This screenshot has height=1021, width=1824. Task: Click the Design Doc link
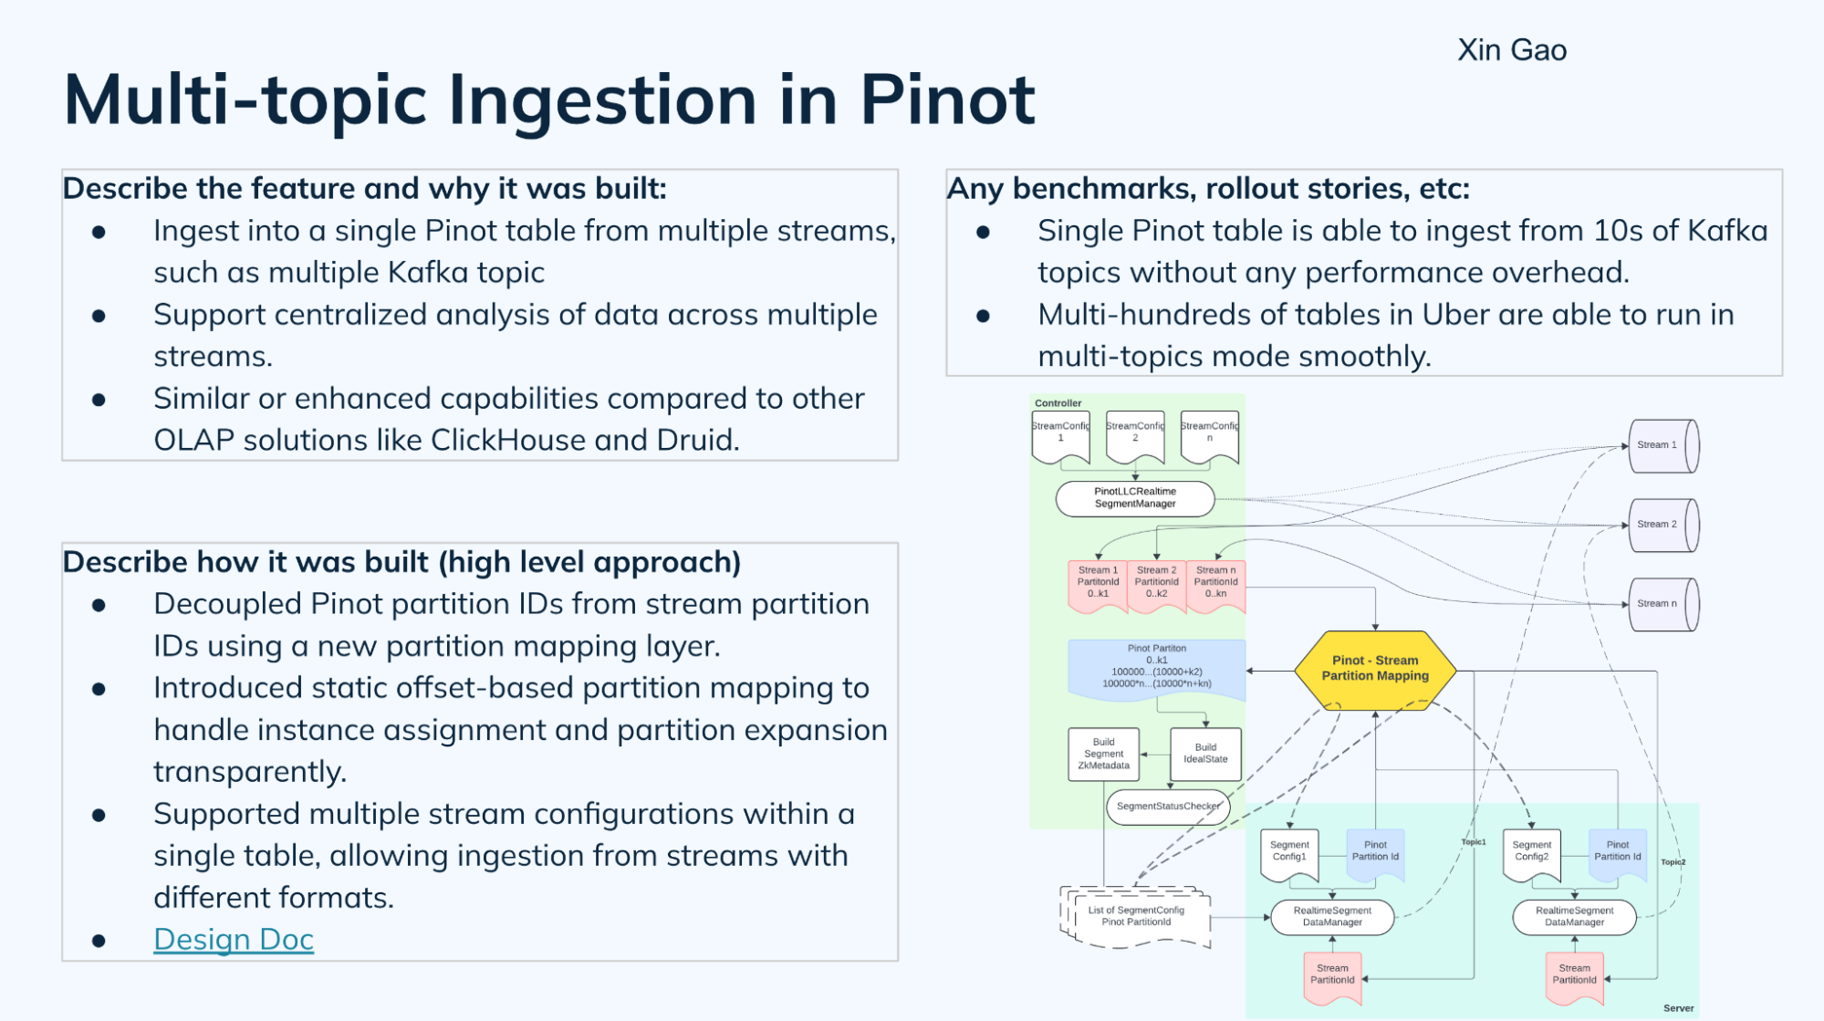pyautogui.click(x=234, y=939)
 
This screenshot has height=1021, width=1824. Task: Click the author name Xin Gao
pyautogui.click(x=1511, y=50)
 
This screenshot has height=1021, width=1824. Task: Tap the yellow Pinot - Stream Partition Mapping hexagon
pyautogui.click(x=1374, y=669)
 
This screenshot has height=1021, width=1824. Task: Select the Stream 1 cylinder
pyautogui.click(x=1662, y=445)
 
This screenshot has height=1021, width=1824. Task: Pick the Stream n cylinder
pyautogui.click(x=1662, y=604)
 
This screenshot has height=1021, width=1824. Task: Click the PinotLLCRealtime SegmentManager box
pyautogui.click(x=1134, y=498)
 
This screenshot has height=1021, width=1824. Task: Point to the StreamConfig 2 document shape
pyautogui.click(x=1135, y=435)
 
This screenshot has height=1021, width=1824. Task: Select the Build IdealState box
pyautogui.click(x=1205, y=753)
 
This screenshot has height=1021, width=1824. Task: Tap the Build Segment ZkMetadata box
pyautogui.click(x=1103, y=754)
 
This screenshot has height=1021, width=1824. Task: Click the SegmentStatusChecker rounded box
pyautogui.click(x=1167, y=807)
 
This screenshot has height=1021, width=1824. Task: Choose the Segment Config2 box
pyautogui.click(x=1531, y=852)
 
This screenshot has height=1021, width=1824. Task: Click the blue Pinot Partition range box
pyautogui.click(x=1156, y=668)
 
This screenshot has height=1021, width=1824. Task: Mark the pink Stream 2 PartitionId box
pyautogui.click(x=1156, y=584)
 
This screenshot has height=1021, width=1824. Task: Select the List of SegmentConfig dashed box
pyautogui.click(x=1136, y=916)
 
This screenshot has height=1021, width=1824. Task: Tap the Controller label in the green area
pyautogui.click(x=1058, y=403)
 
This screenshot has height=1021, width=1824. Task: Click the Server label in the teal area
pyautogui.click(x=1678, y=1008)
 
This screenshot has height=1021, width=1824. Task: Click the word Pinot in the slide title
pyautogui.click(x=946, y=99)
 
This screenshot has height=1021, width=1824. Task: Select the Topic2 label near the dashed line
pyautogui.click(x=1673, y=862)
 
